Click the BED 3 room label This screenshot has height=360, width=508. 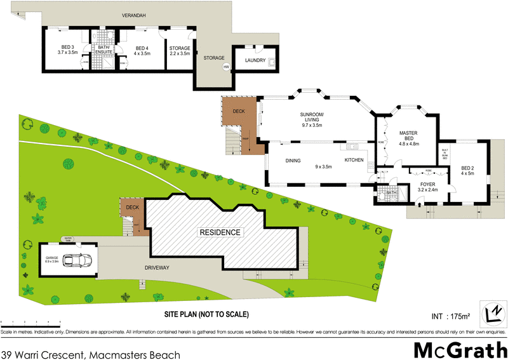click(x=67, y=50)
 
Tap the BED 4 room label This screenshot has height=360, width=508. click(x=142, y=50)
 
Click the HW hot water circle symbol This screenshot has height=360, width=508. click(x=226, y=67)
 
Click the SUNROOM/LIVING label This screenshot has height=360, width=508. click(x=312, y=119)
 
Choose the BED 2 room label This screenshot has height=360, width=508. click(x=467, y=170)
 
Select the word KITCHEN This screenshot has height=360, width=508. click(x=354, y=161)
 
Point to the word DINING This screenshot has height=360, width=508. click(x=293, y=161)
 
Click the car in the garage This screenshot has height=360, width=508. click(x=79, y=260)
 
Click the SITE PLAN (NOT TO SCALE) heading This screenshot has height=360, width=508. click(x=207, y=314)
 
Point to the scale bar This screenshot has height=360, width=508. click(x=30, y=323)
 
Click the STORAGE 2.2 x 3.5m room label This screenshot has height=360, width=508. click(x=180, y=50)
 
